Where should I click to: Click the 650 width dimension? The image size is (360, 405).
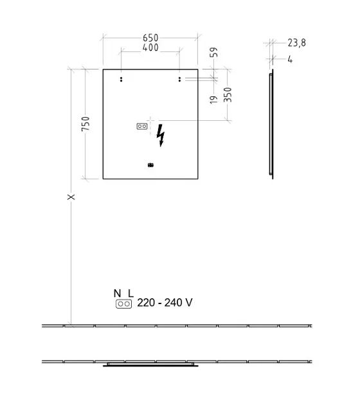(150, 38)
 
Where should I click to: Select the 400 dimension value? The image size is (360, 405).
(150, 48)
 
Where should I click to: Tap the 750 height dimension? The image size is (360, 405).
(85, 123)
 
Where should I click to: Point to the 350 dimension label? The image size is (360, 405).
(228, 94)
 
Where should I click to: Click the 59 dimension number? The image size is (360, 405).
(214, 52)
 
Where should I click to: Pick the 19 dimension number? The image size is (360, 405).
(213, 100)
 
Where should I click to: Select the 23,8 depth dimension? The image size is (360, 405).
(297, 43)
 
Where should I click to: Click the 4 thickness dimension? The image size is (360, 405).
(290, 60)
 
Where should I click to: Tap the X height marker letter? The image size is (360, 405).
(71, 197)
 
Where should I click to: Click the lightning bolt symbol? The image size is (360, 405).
(161, 136)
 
